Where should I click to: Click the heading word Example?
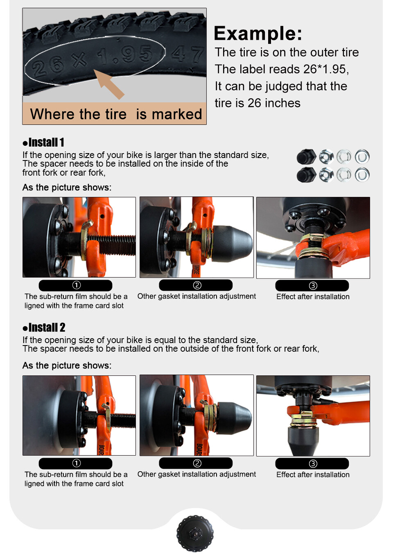[x=258, y=34]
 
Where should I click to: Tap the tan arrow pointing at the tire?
[x=108, y=84]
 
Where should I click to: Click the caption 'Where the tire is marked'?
[x=116, y=114]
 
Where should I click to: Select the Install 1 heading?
[x=43, y=142]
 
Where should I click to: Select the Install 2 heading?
[x=44, y=328]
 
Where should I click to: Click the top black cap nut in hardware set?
[x=306, y=157]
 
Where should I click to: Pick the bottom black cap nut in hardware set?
[x=306, y=175]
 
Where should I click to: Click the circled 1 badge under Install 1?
[x=77, y=285]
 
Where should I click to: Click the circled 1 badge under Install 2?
[x=77, y=463]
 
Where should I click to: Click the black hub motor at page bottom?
[x=195, y=533]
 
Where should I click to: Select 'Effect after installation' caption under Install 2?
[x=313, y=474]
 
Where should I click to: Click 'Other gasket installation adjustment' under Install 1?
[x=196, y=296]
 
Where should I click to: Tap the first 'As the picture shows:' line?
[x=67, y=188]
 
